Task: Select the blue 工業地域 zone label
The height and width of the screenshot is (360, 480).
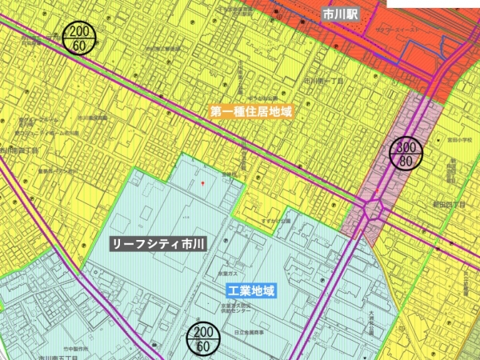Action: click(x=250, y=290)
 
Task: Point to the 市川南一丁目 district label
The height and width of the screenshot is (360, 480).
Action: click(x=323, y=82)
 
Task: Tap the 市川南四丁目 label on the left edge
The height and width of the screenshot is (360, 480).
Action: click(x=19, y=150)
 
